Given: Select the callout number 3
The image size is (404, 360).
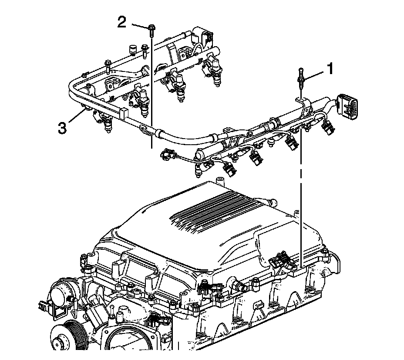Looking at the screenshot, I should click(x=63, y=128).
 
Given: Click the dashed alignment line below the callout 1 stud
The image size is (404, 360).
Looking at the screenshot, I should click(x=301, y=196).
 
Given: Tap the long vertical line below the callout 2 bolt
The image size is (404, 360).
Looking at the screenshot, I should click(x=151, y=87).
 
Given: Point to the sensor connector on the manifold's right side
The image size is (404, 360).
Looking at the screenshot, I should click(x=279, y=262).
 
